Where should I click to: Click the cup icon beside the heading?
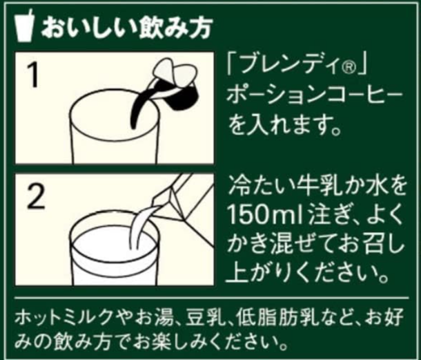(x=24, y=26)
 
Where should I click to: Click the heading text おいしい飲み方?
(x=126, y=28)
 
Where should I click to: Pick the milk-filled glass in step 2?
(x=114, y=250)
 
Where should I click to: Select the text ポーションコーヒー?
(x=315, y=96)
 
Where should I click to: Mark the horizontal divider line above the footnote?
(x=212, y=298)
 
